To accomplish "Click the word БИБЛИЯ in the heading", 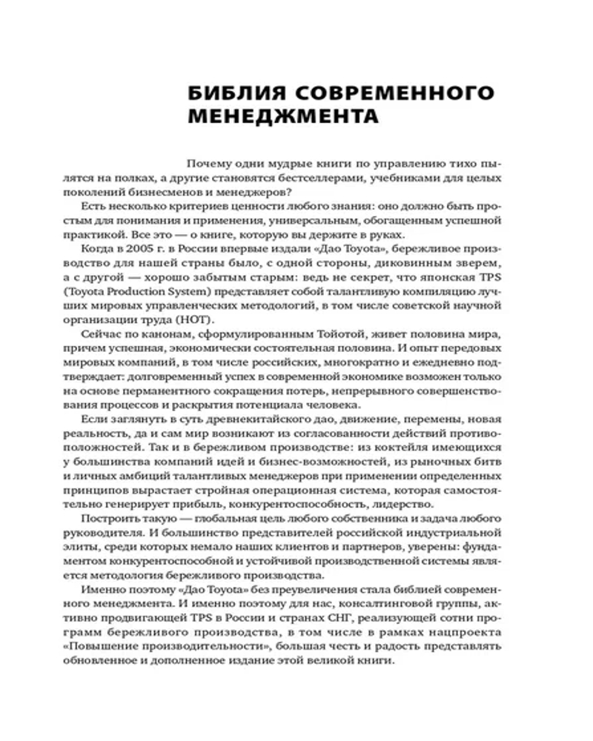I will (x=225, y=95).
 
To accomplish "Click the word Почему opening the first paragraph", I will (x=209, y=165).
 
